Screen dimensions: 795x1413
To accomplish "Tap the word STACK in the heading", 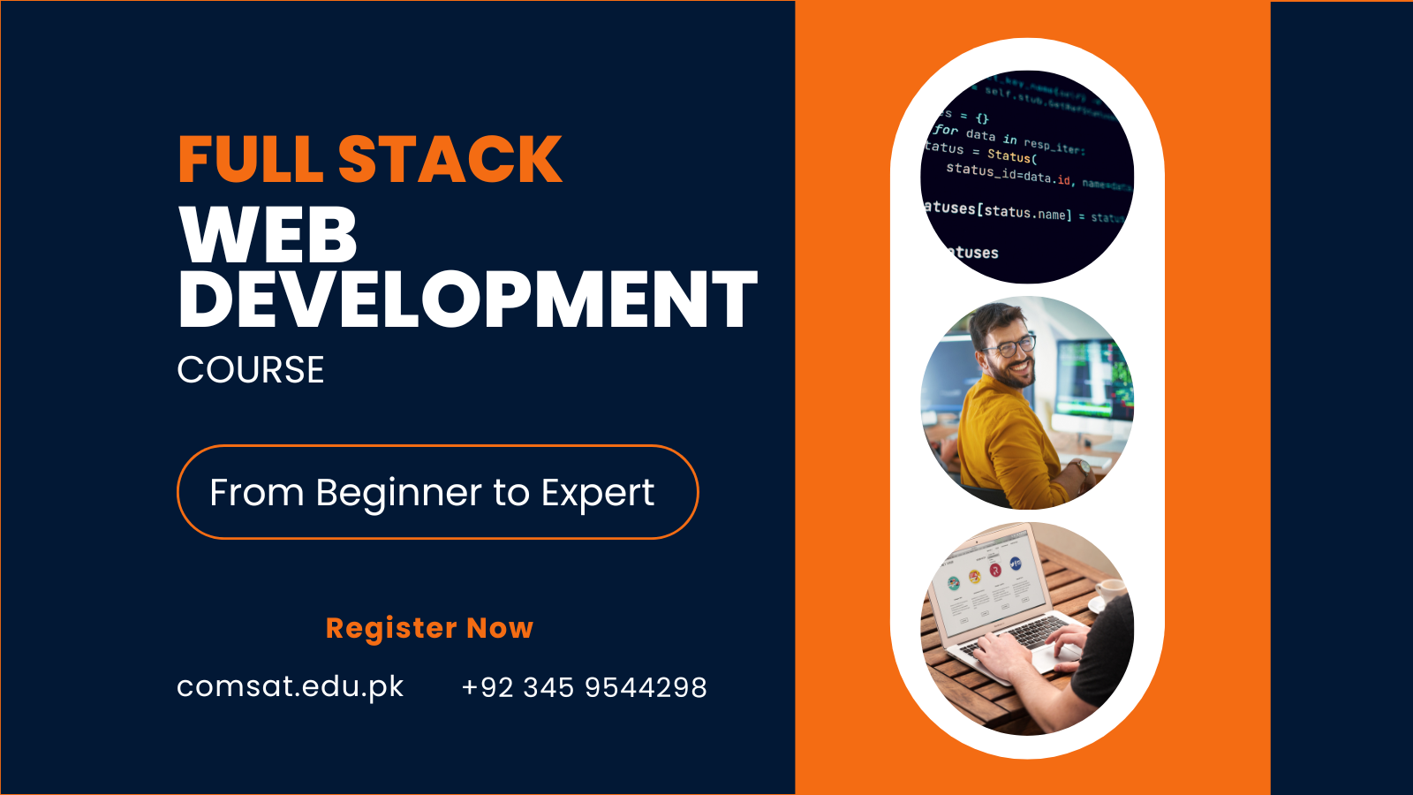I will tap(450, 160).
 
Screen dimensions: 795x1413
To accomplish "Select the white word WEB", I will tap(268, 234).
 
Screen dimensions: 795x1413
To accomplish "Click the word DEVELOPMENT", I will tap(467, 300).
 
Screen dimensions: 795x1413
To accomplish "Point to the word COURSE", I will tap(251, 370).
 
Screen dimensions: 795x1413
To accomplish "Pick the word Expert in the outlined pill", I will tap(598, 493).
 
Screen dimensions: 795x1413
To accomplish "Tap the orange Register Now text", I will tap(429, 628).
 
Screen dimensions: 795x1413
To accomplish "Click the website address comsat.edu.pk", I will tap(290, 686).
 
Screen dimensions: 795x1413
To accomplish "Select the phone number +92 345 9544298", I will tap(584, 687).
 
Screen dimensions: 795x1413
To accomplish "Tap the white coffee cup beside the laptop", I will tap(1109, 590).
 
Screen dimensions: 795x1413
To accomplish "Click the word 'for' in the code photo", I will tap(946, 130).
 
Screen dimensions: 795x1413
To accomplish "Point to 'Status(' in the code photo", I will tap(1012, 156).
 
